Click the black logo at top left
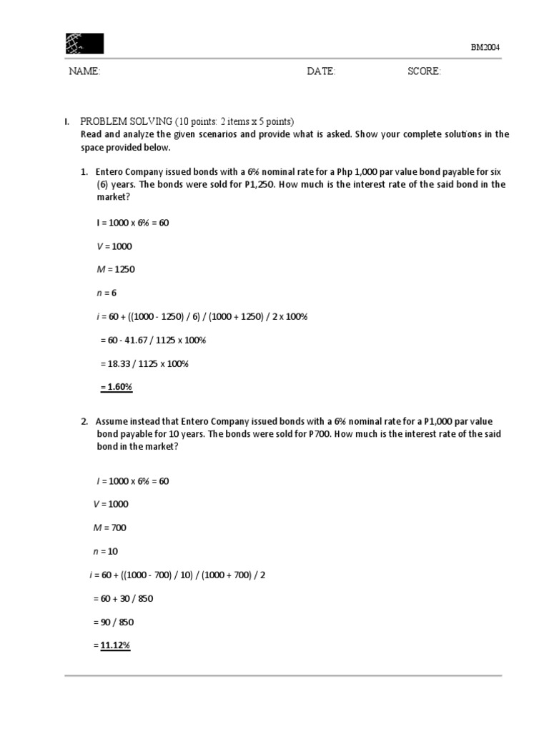(x=84, y=44)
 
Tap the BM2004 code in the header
(x=485, y=47)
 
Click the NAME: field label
(x=84, y=71)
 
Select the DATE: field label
(x=321, y=71)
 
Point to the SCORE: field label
(x=424, y=71)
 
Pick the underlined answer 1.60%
(x=117, y=387)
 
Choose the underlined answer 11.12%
(x=114, y=645)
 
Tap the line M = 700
(x=110, y=528)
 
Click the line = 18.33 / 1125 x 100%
(x=144, y=363)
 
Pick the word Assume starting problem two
(x=111, y=421)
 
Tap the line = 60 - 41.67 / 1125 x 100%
(x=152, y=340)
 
